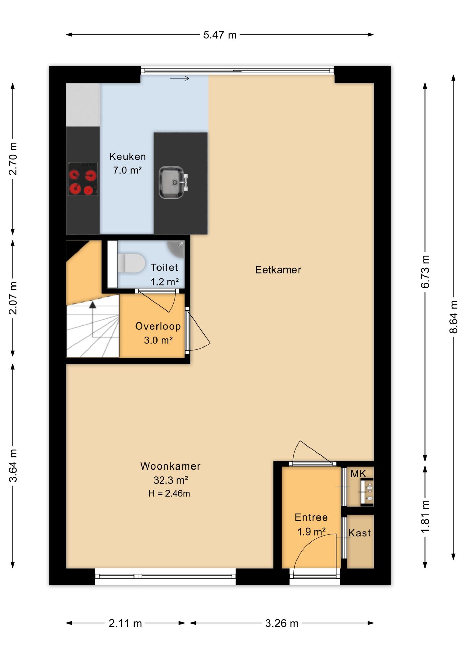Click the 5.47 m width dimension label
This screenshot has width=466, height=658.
pyautogui.click(x=220, y=35)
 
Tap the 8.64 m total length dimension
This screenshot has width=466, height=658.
pyautogui.click(x=453, y=317)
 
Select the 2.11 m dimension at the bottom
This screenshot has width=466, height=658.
pyautogui.click(x=125, y=623)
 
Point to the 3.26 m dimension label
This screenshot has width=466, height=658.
pyautogui.click(x=282, y=623)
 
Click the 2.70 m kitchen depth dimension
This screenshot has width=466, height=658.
pyautogui.click(x=13, y=159)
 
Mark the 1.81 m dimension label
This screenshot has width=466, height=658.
pyautogui.click(x=425, y=516)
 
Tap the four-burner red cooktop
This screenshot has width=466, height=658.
pyautogui.click(x=83, y=179)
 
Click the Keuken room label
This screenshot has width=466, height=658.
pyautogui.click(x=128, y=157)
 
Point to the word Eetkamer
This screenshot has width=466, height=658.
pyautogui.click(x=278, y=270)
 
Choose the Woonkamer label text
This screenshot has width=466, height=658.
pyautogui.click(x=170, y=466)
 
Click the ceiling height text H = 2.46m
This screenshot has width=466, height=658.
pyautogui.click(x=169, y=493)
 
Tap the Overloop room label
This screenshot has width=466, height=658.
pyautogui.click(x=158, y=326)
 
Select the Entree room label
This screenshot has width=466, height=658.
pyautogui.click(x=311, y=517)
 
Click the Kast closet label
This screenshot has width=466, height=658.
pyautogui.click(x=360, y=533)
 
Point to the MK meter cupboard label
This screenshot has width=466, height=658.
pyautogui.click(x=358, y=474)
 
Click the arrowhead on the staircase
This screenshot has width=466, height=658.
pyautogui.click(x=93, y=305)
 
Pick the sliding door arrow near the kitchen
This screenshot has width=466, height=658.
pyautogui.click(x=179, y=78)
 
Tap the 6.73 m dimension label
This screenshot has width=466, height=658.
pyautogui.click(x=425, y=272)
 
